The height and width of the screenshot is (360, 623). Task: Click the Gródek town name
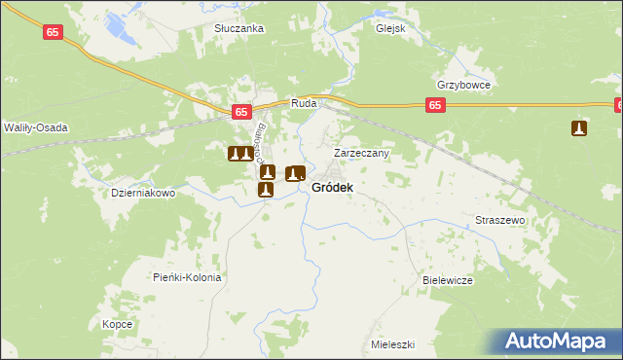pyautogui.click(x=332, y=187)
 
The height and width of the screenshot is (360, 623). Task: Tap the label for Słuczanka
pyautogui.click(x=239, y=29)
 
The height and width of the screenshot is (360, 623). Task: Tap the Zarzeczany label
pyautogui.click(x=362, y=153)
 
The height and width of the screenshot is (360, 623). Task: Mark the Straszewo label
pyautogui.click(x=500, y=220)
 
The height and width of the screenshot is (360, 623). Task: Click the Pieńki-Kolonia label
pyautogui.click(x=188, y=277)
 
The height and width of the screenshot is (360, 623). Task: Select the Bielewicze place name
pyautogui.click(x=448, y=280)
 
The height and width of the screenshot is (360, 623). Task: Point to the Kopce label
pyautogui.click(x=117, y=324)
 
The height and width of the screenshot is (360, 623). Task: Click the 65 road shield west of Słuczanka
pyautogui.click(x=55, y=32)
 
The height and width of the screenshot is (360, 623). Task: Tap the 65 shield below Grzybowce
pyautogui.click(x=435, y=106)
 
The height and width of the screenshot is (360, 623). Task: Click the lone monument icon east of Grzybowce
pyautogui.click(x=579, y=128)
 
